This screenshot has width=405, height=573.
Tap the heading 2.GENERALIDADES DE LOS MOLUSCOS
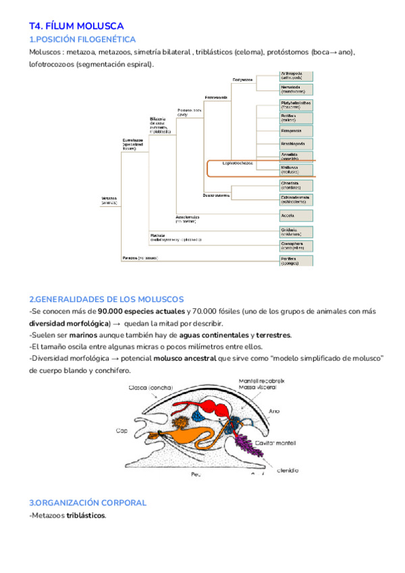pyautogui.click(x=106, y=299)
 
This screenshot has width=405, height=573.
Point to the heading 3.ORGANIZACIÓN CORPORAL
pyautogui.click(x=88, y=503)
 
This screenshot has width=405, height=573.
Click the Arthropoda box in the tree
pyautogui.click(x=296, y=75)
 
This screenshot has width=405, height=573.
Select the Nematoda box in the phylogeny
pyautogui.click(x=296, y=89)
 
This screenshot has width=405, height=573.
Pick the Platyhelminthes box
pyautogui.click(x=296, y=104)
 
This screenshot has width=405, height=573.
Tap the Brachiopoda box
pyautogui.click(x=296, y=143)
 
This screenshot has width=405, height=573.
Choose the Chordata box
pyautogui.click(x=296, y=184)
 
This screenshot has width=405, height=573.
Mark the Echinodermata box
pyautogui.click(x=296, y=199)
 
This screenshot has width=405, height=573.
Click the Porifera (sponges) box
pyautogui.click(x=296, y=260)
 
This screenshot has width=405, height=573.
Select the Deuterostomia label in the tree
pyautogui.click(x=216, y=195)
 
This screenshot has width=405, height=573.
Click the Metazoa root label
pyautogui.click(x=109, y=200)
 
